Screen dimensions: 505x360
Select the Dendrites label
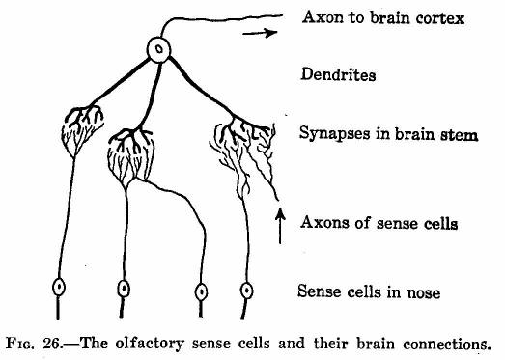[x=338, y=74]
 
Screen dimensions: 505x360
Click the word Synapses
[x=335, y=133]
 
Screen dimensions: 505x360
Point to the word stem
[x=459, y=134]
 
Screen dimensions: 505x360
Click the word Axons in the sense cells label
[x=324, y=223]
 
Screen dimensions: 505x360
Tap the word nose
[x=423, y=292]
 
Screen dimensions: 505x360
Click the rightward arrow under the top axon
[x=260, y=33]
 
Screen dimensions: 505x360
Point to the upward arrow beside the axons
[x=280, y=226]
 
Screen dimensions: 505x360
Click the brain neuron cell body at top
[x=158, y=49]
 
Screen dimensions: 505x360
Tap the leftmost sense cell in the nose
[x=59, y=288]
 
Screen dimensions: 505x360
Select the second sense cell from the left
[x=124, y=289]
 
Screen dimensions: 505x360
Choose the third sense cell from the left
[x=201, y=292]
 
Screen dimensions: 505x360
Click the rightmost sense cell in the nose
[x=246, y=291]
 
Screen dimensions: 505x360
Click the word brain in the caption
[x=376, y=344]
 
